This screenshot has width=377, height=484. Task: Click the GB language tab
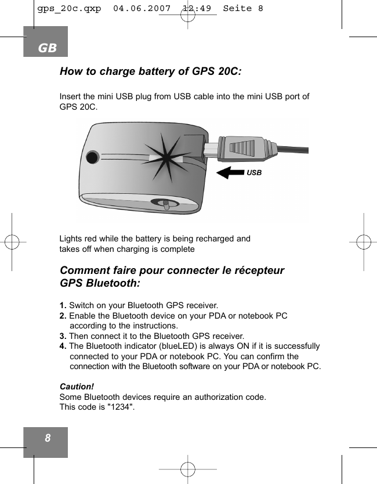click(x=46, y=48)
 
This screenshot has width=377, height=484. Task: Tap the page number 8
click(x=47, y=438)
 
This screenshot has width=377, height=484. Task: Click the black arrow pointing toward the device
click(x=233, y=172)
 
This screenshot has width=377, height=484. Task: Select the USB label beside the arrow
click(x=254, y=173)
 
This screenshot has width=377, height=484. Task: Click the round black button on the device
click(x=92, y=157)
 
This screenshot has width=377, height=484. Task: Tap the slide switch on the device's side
click(x=166, y=204)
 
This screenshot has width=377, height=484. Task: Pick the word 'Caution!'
click(x=77, y=387)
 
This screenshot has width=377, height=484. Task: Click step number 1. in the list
click(x=63, y=305)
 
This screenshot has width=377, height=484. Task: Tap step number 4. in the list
click(x=63, y=346)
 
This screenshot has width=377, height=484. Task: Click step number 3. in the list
click(x=63, y=336)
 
